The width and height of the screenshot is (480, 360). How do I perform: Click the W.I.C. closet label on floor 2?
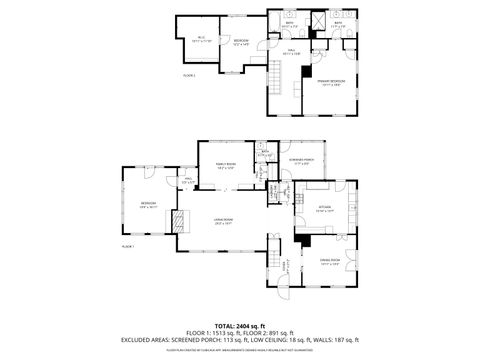[201, 38]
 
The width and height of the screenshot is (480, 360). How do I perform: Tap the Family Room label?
[227, 168]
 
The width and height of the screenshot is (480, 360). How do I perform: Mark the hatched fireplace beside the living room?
[180, 221]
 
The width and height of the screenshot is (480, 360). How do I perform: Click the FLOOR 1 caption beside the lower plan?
[128, 246]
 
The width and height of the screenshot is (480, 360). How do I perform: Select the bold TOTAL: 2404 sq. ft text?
[239, 326]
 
